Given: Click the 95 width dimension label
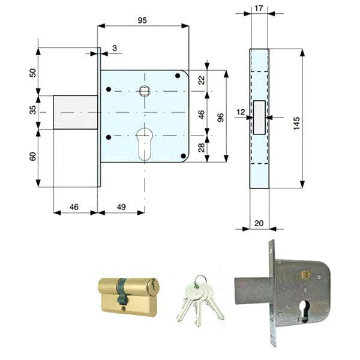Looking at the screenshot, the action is tap(142, 20).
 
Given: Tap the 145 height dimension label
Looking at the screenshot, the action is tap(296, 123).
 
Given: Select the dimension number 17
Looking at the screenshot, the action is tap(259, 8).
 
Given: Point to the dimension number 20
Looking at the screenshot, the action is tap(259, 223).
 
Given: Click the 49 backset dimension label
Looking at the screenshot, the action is tap(121, 207).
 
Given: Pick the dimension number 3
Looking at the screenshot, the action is tap(115, 48).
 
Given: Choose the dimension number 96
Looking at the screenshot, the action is tap(220, 118).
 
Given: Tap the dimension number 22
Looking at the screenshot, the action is tap(202, 80).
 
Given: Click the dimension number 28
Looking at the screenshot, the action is tap(202, 148).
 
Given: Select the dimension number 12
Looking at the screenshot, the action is tap(241, 112).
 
